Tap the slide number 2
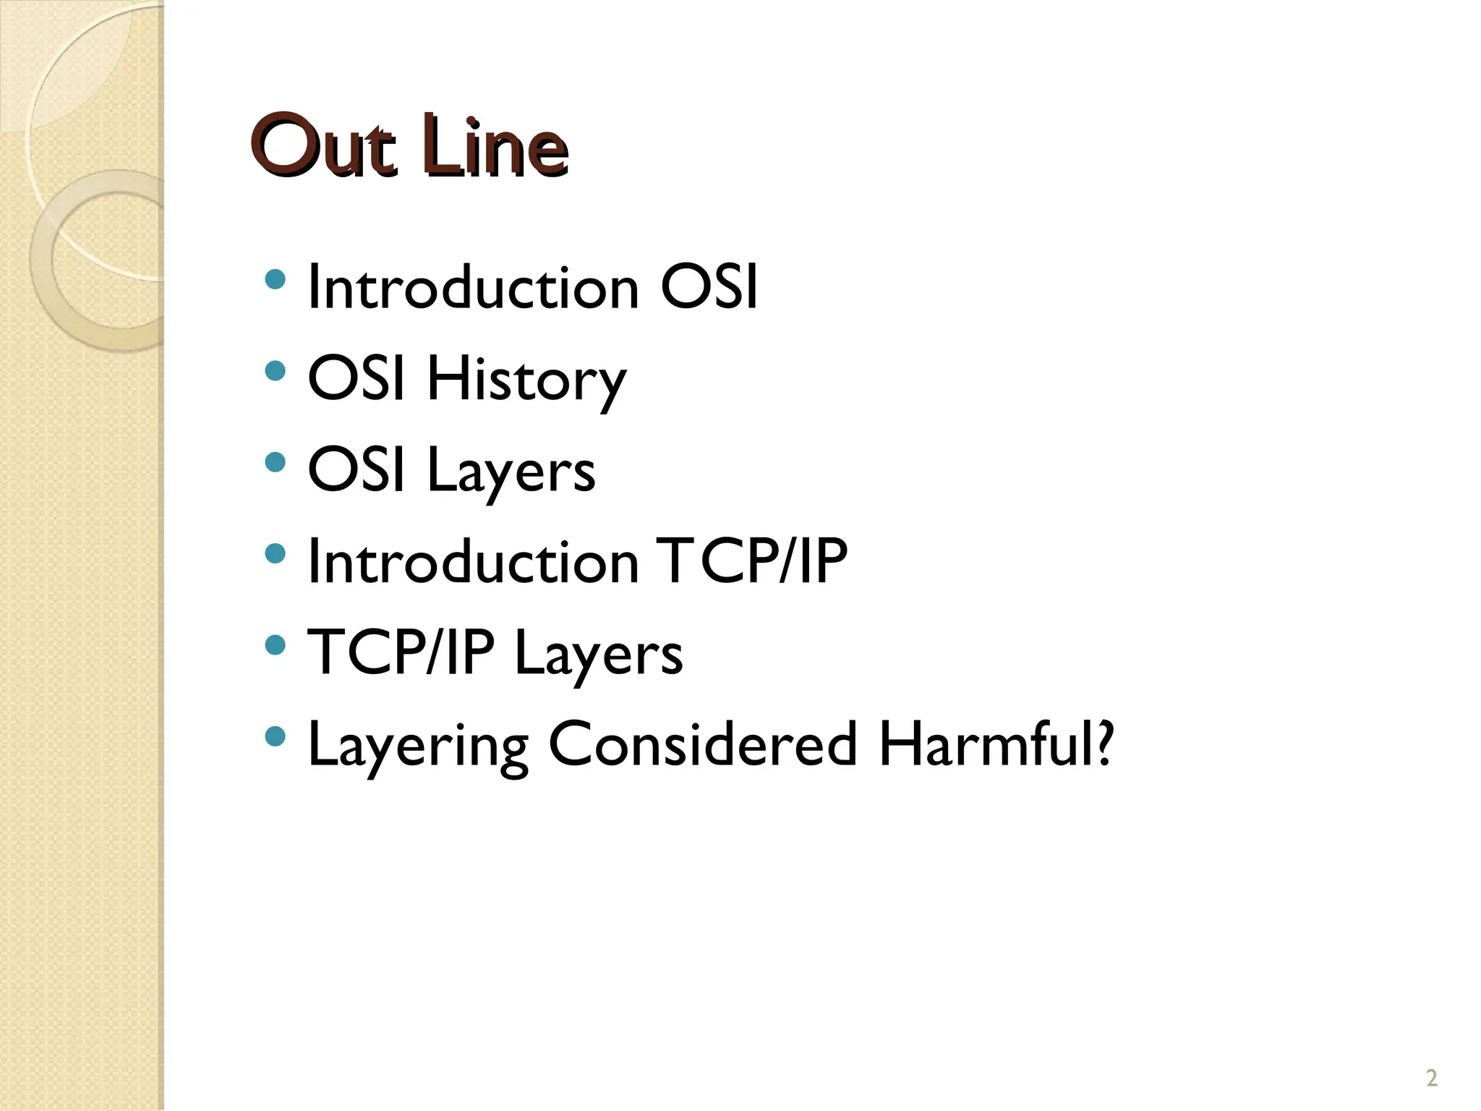click(x=1431, y=1078)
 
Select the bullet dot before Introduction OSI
click(x=275, y=279)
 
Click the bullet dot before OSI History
click(x=275, y=371)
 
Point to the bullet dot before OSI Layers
click(x=275, y=462)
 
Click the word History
click(x=526, y=380)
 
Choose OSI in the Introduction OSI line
click(x=709, y=288)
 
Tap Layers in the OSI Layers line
click(x=511, y=472)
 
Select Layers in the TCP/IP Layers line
click(x=598, y=655)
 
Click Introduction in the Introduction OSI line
click(x=474, y=288)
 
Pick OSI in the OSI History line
click(x=357, y=379)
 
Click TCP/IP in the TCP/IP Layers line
click(x=401, y=653)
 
